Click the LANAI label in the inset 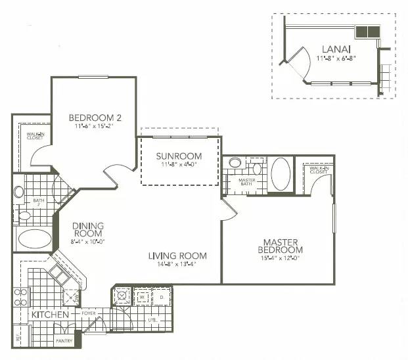click(335, 49)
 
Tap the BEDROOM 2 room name click(95, 118)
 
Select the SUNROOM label click(179, 156)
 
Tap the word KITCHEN click(50, 315)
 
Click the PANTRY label click(64, 342)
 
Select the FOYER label click(89, 315)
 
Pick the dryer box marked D click(161, 297)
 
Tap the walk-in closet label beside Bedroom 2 click(35, 136)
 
